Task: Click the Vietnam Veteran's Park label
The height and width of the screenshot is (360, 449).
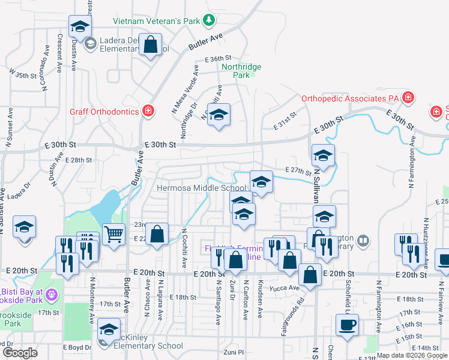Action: [x=157, y=21]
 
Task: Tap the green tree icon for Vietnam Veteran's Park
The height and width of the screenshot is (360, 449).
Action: [x=208, y=21]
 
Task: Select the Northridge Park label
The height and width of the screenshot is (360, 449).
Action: [x=241, y=71]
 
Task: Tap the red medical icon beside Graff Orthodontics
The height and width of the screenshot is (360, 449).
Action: [x=148, y=111]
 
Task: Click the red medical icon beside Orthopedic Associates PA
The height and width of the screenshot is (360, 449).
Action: [x=408, y=97]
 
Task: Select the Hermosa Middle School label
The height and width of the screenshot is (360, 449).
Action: [x=201, y=188]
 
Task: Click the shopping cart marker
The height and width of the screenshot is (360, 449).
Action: [x=113, y=233]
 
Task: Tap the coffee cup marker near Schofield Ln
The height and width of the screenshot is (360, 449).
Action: [x=347, y=325]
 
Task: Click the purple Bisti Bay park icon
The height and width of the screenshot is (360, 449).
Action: [x=52, y=295]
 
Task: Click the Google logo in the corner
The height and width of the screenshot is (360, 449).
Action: [x=20, y=353]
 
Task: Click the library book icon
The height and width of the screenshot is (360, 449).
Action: [x=363, y=241]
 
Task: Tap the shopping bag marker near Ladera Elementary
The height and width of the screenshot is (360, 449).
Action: [x=150, y=44]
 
